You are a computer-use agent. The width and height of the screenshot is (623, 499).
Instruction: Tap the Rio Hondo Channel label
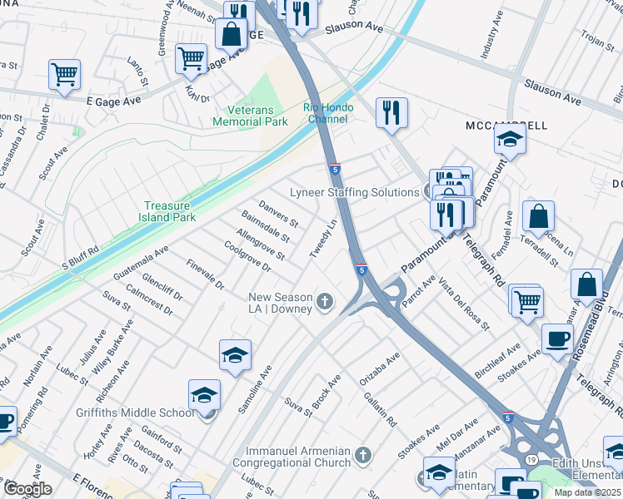click(327, 114)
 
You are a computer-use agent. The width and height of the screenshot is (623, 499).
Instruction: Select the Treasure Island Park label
click(169, 211)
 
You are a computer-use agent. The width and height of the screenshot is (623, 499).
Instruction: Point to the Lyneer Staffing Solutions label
click(354, 192)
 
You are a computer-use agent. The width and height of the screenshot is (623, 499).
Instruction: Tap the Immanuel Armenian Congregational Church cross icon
click(361, 454)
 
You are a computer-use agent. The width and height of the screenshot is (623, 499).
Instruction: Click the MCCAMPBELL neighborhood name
click(506, 126)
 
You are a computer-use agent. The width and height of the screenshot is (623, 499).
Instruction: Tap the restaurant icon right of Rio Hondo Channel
click(391, 112)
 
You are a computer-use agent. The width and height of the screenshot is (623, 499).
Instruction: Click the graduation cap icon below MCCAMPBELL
click(510, 141)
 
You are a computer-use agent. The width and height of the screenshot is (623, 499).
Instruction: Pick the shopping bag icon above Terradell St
click(539, 216)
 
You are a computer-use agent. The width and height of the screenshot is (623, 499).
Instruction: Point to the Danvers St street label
click(278, 213)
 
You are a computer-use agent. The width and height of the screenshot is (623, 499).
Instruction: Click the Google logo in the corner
click(27, 489)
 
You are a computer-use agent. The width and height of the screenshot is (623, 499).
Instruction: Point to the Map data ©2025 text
click(587, 492)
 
